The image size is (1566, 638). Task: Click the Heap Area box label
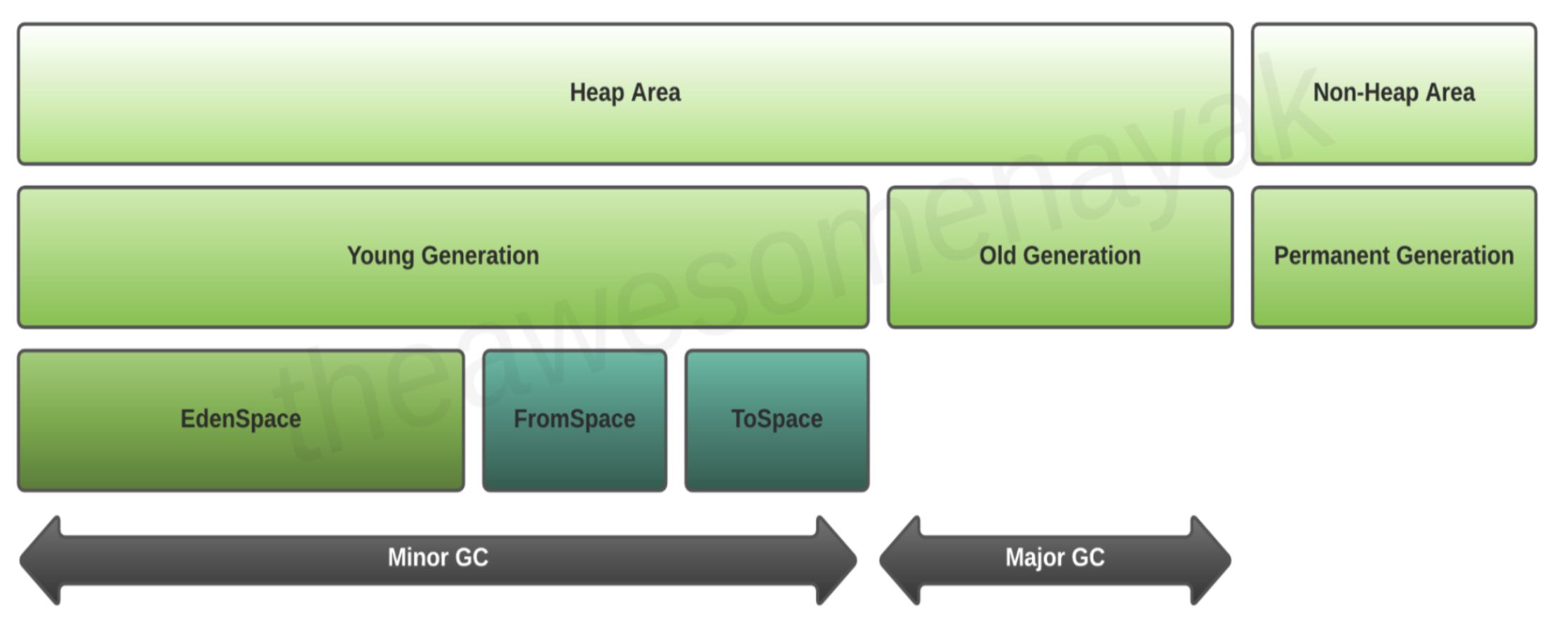624,93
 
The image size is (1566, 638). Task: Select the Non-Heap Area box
1393,94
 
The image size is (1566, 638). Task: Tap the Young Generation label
443,256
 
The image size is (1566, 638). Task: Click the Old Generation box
1059,257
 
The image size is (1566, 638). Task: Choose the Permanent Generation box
1393,257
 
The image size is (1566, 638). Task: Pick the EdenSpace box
241,420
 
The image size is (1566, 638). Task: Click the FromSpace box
574,420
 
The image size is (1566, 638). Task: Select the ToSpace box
777,420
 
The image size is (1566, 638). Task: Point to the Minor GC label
438,557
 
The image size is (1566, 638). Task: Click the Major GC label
1055,557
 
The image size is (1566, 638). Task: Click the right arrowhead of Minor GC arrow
837,560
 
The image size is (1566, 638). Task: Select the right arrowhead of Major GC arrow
1211,560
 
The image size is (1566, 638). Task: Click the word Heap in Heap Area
597,93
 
